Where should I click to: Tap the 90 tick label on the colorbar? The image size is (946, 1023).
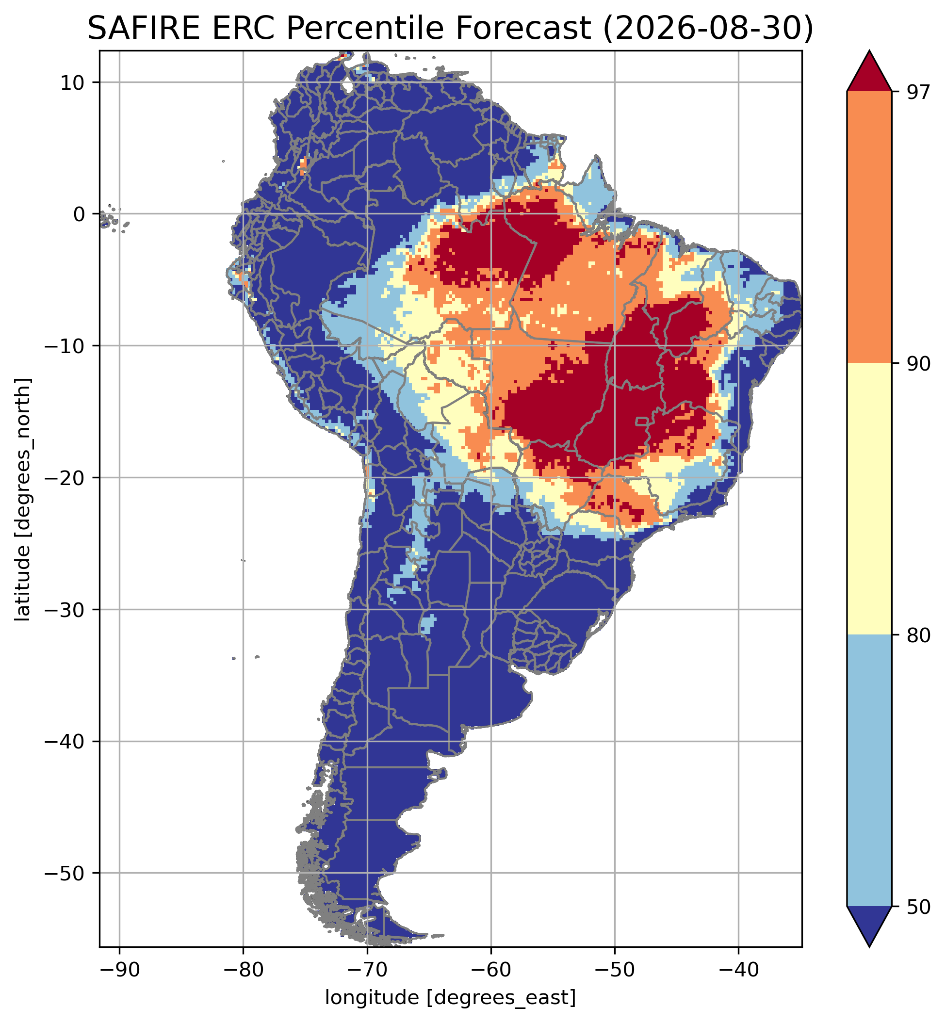coord(912,364)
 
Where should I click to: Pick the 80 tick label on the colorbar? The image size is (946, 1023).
coord(912,635)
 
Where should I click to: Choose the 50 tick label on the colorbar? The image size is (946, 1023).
coord(912,906)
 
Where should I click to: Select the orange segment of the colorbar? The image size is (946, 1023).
coord(869,227)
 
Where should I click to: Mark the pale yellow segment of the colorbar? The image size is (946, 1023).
coord(869,499)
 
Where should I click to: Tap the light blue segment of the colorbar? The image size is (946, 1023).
coord(869,770)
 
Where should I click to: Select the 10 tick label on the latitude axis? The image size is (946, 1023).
coord(72,82)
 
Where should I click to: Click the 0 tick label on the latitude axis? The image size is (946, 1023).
coord(79,214)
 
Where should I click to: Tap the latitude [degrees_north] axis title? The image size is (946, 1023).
coord(23,500)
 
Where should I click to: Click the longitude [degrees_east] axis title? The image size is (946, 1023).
coord(451,997)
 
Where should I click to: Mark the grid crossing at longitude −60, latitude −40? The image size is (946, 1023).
coord(491,741)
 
